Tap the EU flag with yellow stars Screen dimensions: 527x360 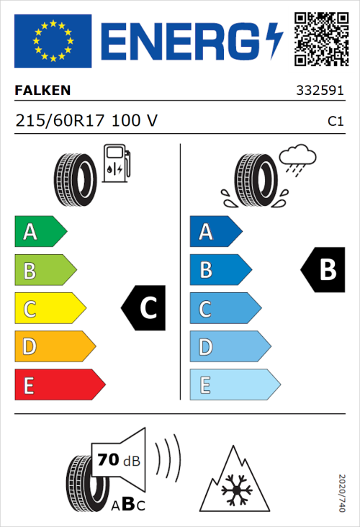pos(53,38)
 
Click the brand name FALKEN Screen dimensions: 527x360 pos(42,91)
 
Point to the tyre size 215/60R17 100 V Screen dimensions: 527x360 pos(86,121)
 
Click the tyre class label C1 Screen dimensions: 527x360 pos(335,122)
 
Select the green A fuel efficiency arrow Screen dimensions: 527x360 pos(40,232)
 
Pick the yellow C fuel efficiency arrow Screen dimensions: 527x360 pos(49,308)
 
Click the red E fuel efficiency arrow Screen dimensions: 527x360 pos(58,385)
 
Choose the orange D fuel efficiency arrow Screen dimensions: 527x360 pos(54,347)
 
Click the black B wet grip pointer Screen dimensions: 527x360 pos(320,270)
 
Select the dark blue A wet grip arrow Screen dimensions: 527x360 pos(215,232)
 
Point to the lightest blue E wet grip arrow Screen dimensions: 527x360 pos(233,385)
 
